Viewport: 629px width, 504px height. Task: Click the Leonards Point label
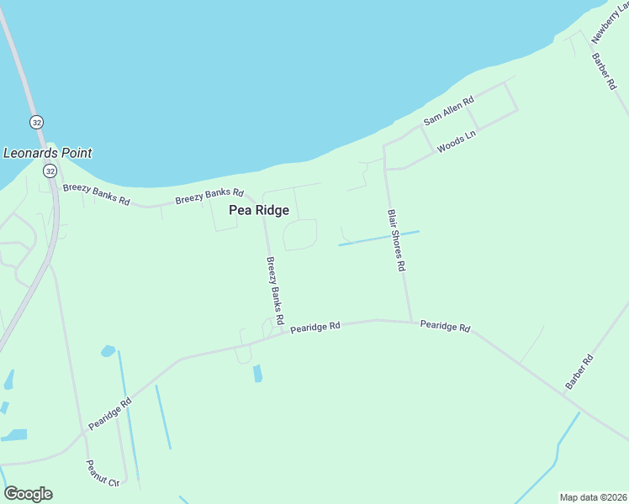click(x=48, y=153)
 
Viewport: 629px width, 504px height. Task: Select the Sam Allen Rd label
click(x=448, y=111)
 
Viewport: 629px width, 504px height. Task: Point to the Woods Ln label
click(x=456, y=144)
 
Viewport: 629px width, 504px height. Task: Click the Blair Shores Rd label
click(x=396, y=240)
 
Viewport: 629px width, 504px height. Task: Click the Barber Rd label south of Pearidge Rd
click(x=579, y=372)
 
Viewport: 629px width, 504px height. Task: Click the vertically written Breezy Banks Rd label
click(x=274, y=291)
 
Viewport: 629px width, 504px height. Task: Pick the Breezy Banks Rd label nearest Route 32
click(x=96, y=194)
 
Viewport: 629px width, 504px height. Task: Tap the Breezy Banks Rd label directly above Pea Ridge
click(x=209, y=197)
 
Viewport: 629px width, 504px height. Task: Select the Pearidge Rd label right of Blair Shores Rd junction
click(x=445, y=325)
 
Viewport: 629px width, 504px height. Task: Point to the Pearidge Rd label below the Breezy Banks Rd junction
click(x=315, y=327)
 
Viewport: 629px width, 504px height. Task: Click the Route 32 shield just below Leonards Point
click(x=50, y=171)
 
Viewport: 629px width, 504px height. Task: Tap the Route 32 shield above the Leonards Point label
click(x=36, y=122)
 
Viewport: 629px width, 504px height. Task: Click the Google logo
click(x=28, y=494)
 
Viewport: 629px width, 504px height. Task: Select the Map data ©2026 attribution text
click(x=594, y=497)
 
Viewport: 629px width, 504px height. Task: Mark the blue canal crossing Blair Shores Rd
click(x=378, y=239)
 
